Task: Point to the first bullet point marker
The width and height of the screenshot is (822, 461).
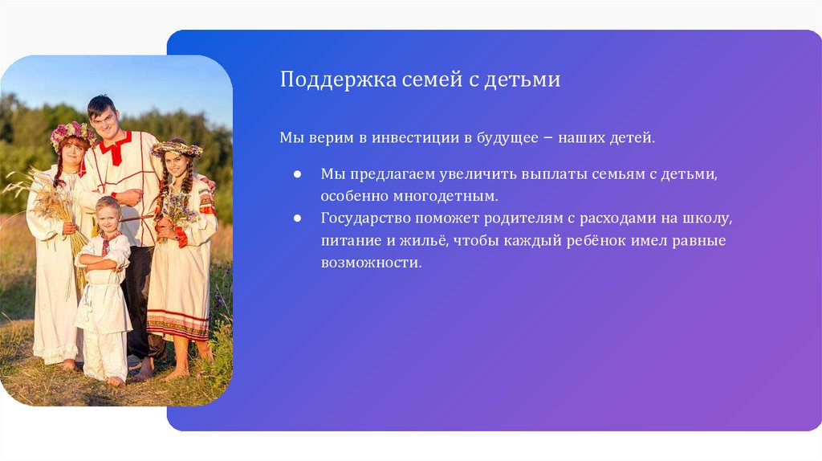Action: [297, 174]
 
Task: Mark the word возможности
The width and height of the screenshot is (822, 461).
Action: [371, 263]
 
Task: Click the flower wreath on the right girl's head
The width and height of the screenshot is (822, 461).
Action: [177, 148]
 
